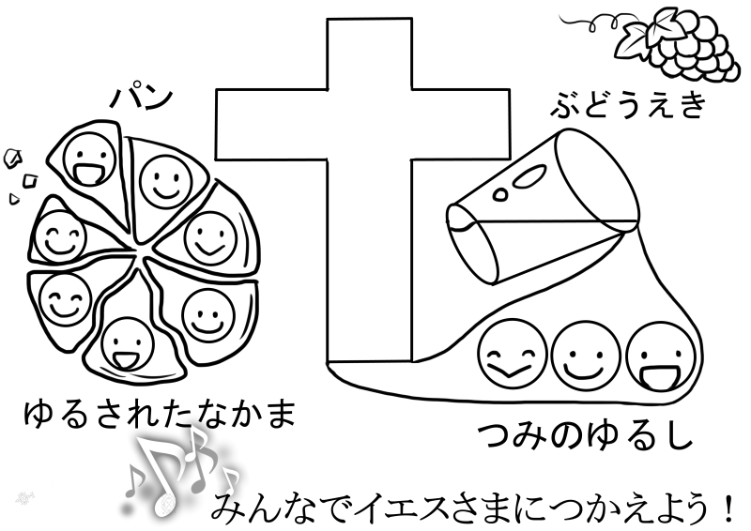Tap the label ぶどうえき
point(626,106)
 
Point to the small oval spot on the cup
point(503,192)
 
